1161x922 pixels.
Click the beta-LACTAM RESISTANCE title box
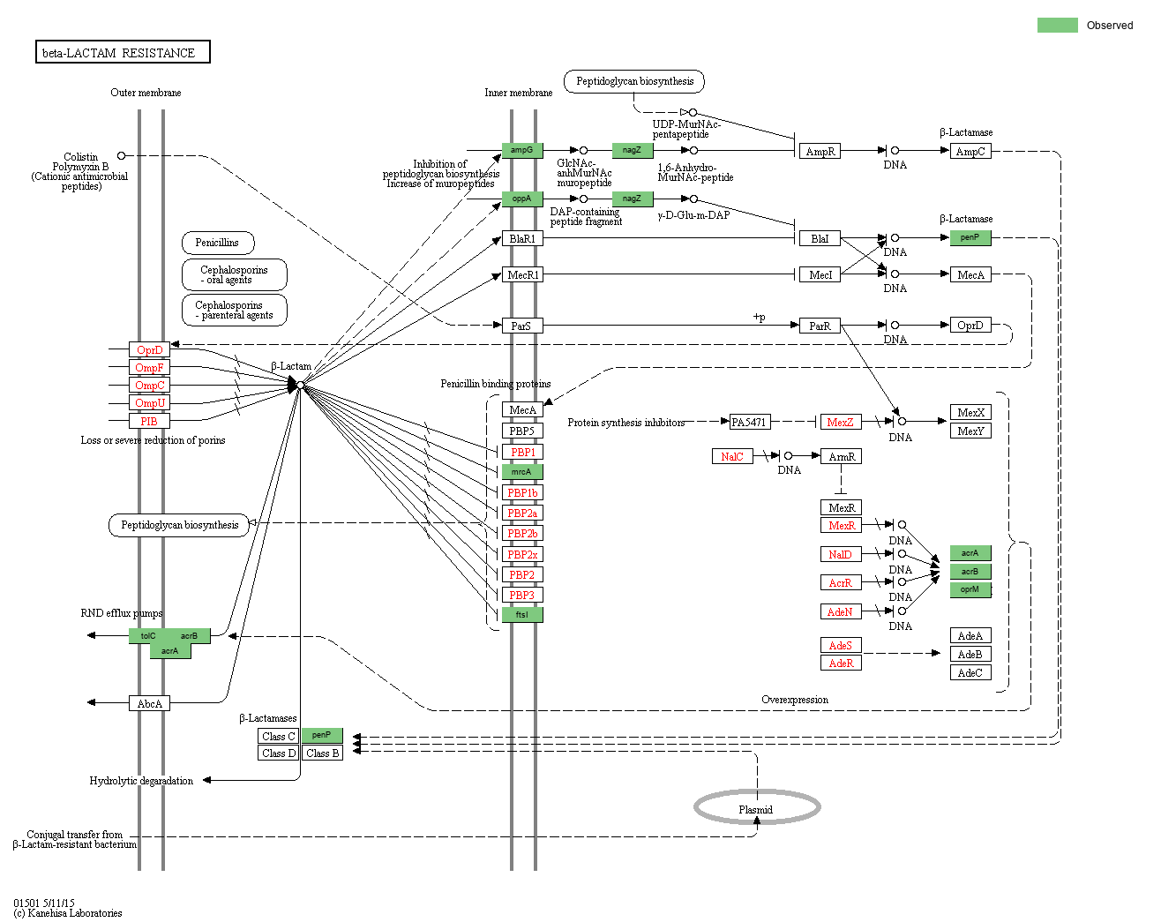(123, 52)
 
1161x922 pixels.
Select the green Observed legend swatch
(1057, 25)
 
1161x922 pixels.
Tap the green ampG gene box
(522, 150)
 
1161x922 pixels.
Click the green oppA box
(522, 199)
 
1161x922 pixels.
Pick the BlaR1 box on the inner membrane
(522, 238)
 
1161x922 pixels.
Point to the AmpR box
(820, 151)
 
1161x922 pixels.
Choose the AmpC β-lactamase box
(970, 151)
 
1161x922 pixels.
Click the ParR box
(820, 326)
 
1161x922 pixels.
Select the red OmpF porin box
(149, 367)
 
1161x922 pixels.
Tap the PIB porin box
(149, 421)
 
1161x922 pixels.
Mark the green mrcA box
(522, 471)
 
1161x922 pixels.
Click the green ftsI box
(522, 614)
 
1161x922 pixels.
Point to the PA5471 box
(749, 422)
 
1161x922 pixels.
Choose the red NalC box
(732, 456)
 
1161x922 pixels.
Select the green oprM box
(970, 589)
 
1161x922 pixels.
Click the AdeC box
(970, 672)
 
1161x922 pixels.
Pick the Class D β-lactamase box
(279, 753)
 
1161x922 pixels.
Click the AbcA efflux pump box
(149, 703)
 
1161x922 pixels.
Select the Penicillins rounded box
(218, 243)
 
